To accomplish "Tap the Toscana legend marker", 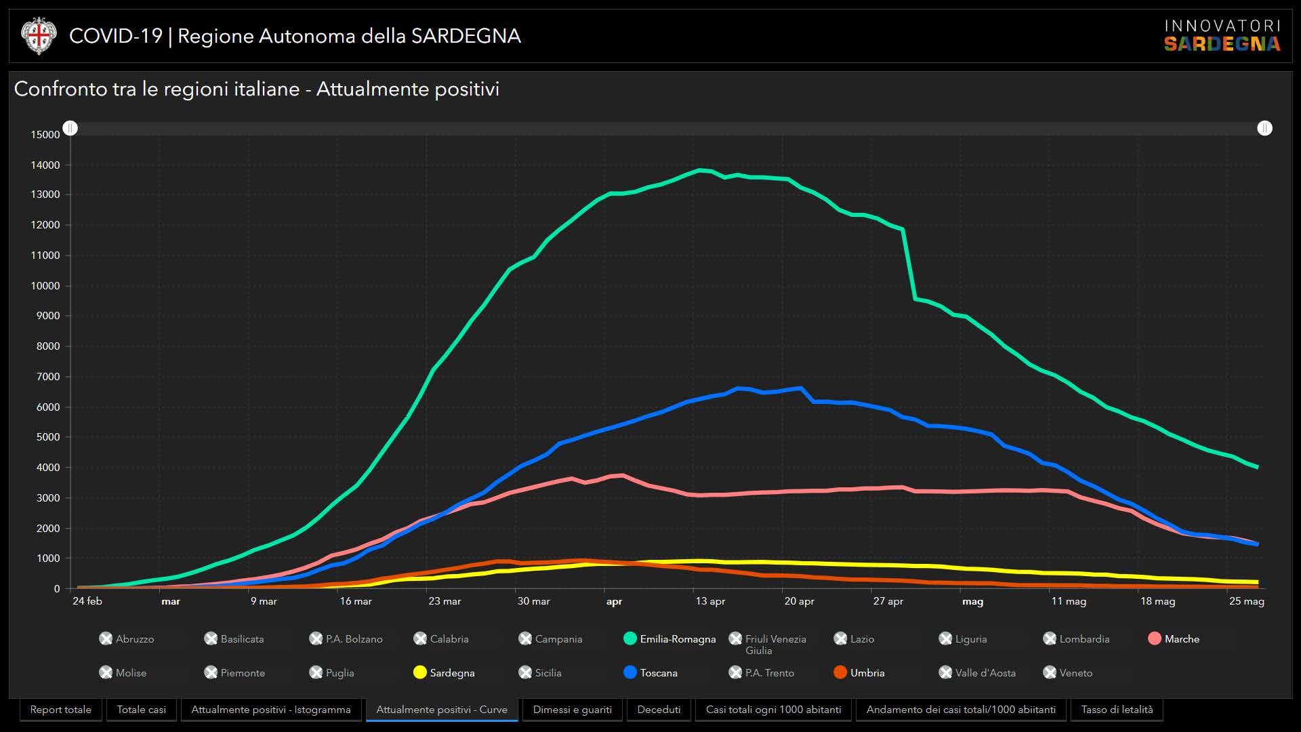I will click(630, 672).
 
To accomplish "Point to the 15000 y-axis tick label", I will click(45, 135).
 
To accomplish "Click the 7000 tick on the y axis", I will click(48, 377).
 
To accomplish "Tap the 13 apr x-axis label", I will click(710, 601).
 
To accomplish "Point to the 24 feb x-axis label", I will click(87, 601).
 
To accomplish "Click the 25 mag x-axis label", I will click(1246, 601).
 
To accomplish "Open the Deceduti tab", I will click(659, 710).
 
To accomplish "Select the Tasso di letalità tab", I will click(1117, 710).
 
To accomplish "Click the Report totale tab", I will click(61, 710).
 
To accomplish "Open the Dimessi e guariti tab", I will click(572, 710).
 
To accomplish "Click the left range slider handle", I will click(70, 128).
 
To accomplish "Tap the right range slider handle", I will click(1264, 128).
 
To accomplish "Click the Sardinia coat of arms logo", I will click(39, 36).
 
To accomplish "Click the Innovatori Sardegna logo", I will click(1222, 36).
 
